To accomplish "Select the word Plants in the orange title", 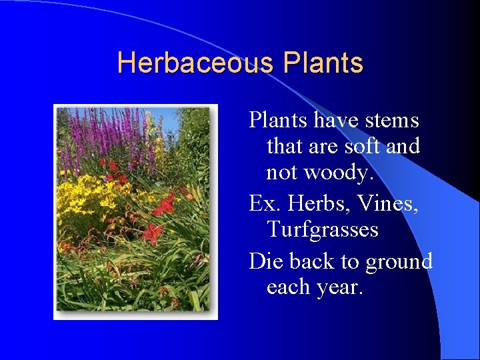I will point(323,63).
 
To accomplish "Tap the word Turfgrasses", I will point(323,229).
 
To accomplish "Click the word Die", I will point(264,261).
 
